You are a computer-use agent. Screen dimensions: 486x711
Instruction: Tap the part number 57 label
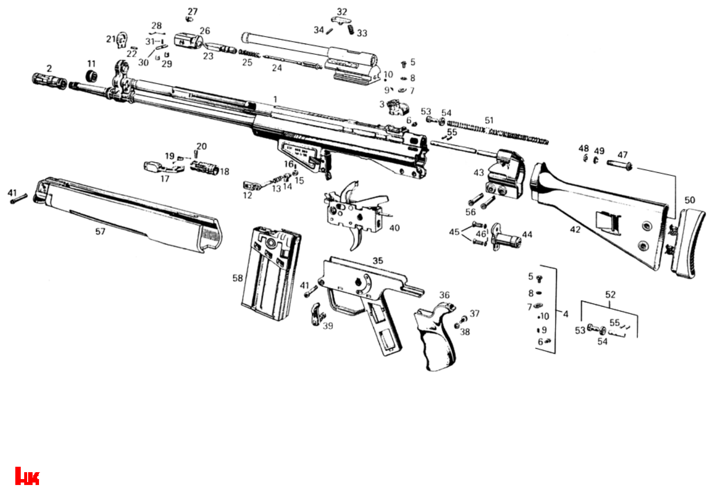point(100,231)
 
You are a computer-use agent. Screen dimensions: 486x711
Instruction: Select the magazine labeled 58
point(269,269)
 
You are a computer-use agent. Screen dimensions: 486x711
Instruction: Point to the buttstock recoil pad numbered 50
point(687,242)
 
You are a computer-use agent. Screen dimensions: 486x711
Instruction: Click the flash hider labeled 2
point(49,81)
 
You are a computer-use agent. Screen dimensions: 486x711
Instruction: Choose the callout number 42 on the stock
point(575,230)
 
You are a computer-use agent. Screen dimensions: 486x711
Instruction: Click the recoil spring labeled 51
point(499,133)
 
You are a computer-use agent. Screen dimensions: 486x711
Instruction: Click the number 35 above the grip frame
point(378,260)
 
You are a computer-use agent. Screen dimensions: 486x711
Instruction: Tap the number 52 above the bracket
point(610,294)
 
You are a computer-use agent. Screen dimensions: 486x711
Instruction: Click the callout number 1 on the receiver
point(276,100)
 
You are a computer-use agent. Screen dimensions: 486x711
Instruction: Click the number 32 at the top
point(342,11)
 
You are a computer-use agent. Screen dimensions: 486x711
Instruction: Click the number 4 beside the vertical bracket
point(566,314)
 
